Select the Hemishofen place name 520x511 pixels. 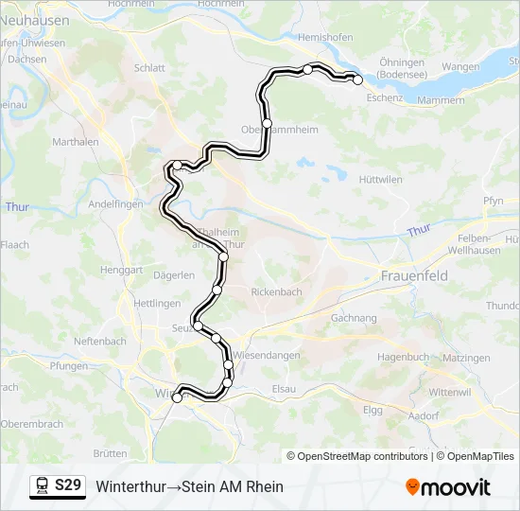(324, 37)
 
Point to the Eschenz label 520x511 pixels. (384, 97)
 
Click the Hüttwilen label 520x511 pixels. (381, 179)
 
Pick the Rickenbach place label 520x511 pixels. (276, 292)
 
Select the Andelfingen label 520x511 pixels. (115, 204)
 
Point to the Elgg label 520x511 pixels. (373, 410)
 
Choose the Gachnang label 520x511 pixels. (355, 319)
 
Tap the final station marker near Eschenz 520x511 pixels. (358, 80)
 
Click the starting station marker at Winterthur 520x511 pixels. (177, 398)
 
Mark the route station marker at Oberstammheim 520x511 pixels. (268, 124)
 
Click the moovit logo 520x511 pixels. (448, 487)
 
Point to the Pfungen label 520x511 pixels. (69, 365)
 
